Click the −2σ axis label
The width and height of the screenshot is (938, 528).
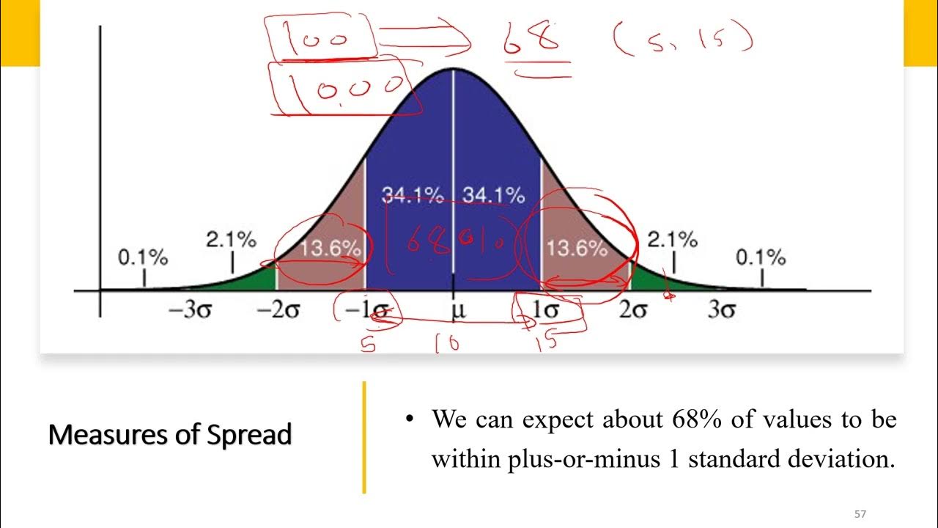[278, 311]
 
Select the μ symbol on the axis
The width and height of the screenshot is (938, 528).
[457, 311]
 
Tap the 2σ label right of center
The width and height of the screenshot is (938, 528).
[633, 311]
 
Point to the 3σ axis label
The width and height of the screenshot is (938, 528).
[722, 311]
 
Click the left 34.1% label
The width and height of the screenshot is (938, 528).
[413, 196]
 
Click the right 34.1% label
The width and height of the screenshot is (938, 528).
[493, 196]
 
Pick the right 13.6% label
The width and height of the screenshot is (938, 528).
[577, 249]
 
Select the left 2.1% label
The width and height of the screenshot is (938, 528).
[232, 240]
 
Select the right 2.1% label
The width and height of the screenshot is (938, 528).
[672, 240]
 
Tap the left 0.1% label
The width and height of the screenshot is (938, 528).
[143, 258]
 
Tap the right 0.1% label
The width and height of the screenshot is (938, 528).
[761, 258]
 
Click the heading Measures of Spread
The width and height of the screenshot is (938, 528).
[170, 435]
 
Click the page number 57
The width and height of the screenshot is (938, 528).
[860, 515]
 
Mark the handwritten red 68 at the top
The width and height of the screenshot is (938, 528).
[531, 41]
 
